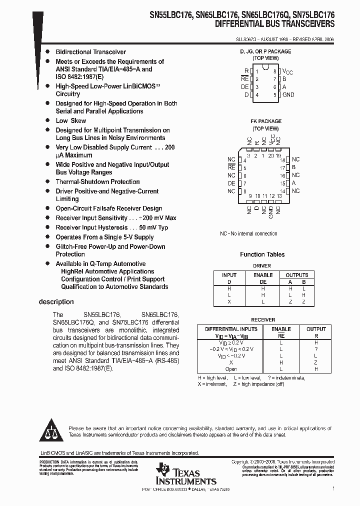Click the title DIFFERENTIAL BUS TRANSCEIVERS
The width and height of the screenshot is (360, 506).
coord(275,23)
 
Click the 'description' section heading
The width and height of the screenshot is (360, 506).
coord(56,302)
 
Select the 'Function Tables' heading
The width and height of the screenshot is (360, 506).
coord(262,254)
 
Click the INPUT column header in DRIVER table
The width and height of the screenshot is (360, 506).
coord(229,275)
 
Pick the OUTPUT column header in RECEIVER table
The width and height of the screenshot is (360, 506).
coord(316,329)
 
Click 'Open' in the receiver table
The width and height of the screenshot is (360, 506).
coord(231,369)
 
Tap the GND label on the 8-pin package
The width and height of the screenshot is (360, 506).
coord(288,95)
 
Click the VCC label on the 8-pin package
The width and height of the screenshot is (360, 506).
coord(287,72)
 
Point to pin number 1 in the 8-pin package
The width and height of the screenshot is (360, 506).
coord(257,71)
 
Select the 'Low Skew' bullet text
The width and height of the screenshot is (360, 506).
coord(70,120)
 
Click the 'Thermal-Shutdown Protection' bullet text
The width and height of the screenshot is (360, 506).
coord(97,181)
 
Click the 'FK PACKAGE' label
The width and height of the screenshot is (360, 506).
coord(266,121)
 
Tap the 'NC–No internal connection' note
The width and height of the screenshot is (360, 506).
coord(248,233)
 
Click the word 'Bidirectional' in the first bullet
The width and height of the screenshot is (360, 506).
coord(73,52)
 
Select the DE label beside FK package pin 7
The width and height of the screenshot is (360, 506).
coord(231,183)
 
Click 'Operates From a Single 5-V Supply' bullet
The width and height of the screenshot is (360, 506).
coord(104,237)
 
